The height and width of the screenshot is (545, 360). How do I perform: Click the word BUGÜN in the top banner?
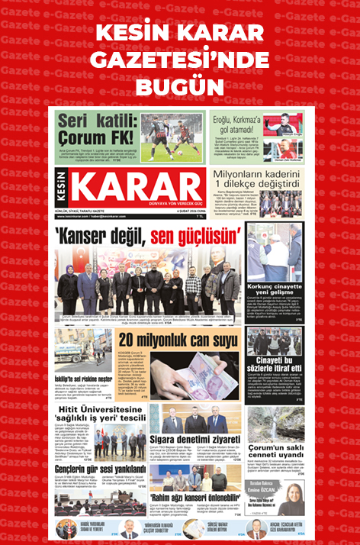180,82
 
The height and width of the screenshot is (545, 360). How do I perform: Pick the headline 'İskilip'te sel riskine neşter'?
85,379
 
